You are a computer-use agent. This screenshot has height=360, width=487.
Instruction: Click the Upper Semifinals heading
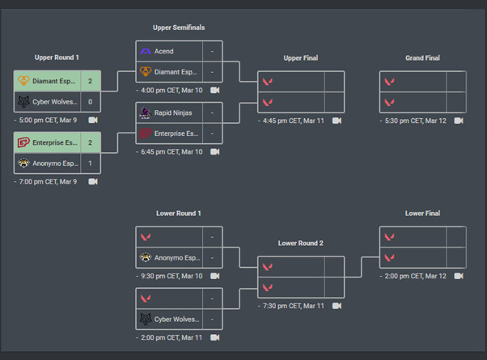coord(179,28)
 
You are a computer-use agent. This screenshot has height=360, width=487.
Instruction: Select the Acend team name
coord(163,51)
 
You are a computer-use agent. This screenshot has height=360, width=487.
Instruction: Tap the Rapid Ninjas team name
coord(174,113)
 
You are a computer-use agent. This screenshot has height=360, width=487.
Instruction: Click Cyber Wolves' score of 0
coord(90,102)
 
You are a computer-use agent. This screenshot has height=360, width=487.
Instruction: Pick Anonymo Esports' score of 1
coord(90,163)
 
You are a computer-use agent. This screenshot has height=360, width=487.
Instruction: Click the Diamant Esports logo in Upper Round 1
coord(23,82)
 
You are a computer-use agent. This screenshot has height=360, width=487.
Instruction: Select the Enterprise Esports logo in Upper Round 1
coord(23,142)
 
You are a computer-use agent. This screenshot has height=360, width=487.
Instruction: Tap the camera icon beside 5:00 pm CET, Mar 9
coord(93,120)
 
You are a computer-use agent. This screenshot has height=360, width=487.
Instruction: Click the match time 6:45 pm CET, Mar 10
coord(170,151)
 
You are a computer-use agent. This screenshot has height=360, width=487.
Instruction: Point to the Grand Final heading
coord(422,58)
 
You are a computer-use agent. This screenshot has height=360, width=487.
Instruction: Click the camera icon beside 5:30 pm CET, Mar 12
coord(459,121)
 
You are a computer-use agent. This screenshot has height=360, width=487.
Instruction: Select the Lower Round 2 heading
coord(300,243)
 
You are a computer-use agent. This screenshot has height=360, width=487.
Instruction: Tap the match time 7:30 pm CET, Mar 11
coord(292,306)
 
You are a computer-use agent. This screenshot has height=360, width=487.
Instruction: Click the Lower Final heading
coord(422,214)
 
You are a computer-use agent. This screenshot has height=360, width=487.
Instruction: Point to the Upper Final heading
coord(300,58)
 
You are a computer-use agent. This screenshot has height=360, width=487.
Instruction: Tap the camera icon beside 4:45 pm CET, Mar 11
coord(337,121)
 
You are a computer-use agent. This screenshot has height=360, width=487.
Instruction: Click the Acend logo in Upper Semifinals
coord(146,51)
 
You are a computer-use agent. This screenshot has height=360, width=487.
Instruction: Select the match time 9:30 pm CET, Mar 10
coord(170,276)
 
